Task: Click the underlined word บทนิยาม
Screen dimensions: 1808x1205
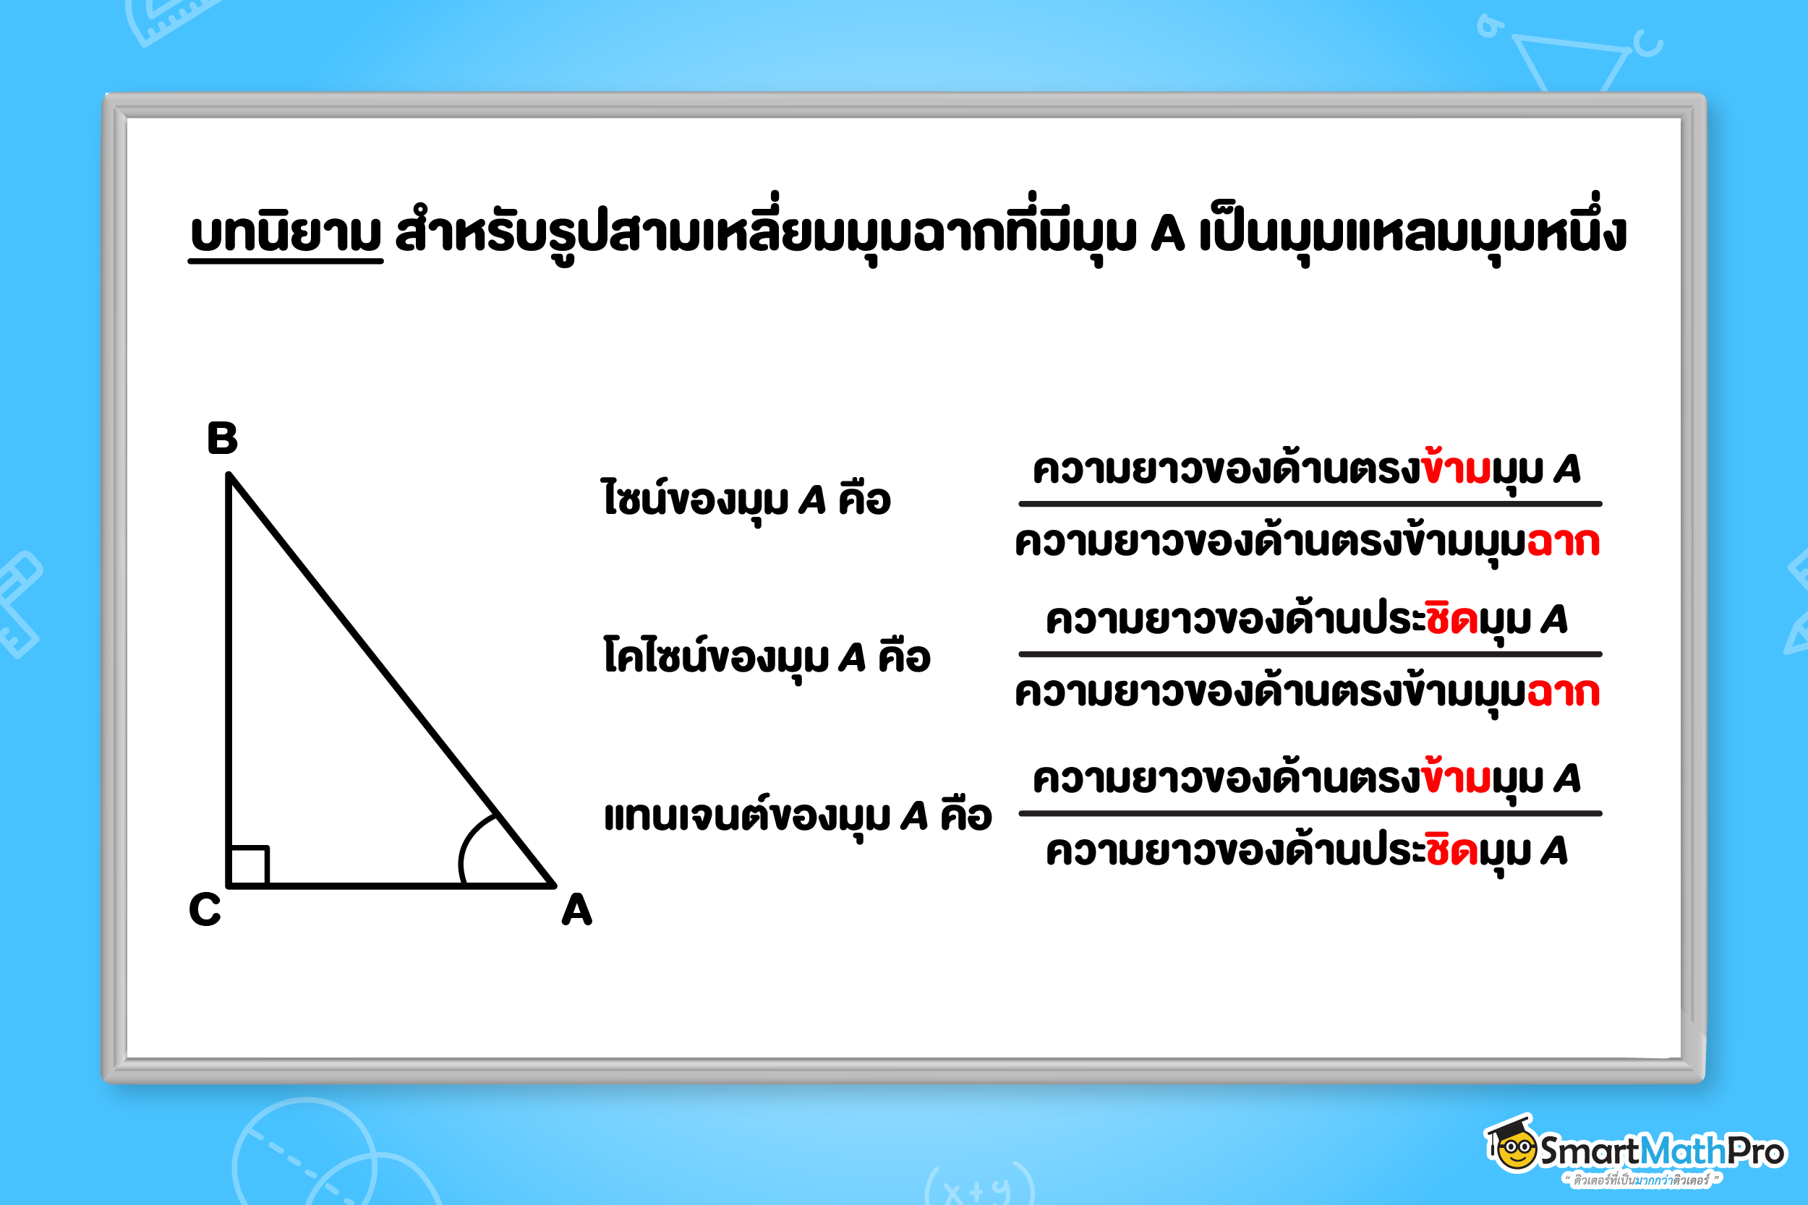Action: [286, 233]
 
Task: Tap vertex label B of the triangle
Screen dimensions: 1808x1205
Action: [222, 438]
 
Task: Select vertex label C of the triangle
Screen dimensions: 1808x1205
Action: [205, 909]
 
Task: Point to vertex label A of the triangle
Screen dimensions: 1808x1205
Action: [576, 910]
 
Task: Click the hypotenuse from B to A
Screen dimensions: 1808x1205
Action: [392, 679]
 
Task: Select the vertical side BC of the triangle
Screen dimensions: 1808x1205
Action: [229, 680]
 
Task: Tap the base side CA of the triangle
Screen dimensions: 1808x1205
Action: [391, 886]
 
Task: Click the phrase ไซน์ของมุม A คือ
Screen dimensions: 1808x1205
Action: [746, 499]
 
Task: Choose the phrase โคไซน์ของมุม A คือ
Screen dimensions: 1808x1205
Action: [767, 657]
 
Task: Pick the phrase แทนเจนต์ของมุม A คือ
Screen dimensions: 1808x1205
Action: [798, 815]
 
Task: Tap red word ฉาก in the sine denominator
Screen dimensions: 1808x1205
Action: [1563, 542]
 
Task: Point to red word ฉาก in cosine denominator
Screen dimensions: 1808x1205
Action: [1563, 692]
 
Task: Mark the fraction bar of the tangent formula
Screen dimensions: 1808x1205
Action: [1310, 813]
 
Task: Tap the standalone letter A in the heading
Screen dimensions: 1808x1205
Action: [1168, 233]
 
